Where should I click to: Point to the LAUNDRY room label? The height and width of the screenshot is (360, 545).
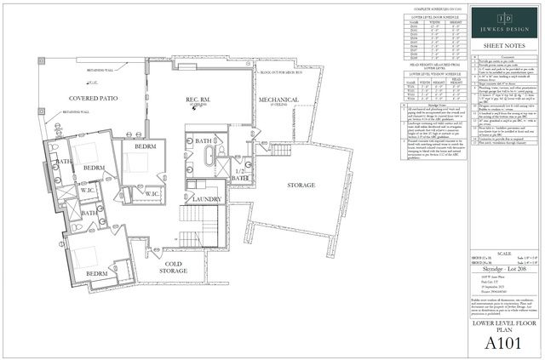[x=207, y=199]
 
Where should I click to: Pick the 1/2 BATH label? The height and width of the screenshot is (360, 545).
[x=242, y=176]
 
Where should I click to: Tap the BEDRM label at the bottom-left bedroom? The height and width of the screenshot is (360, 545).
[x=97, y=273]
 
